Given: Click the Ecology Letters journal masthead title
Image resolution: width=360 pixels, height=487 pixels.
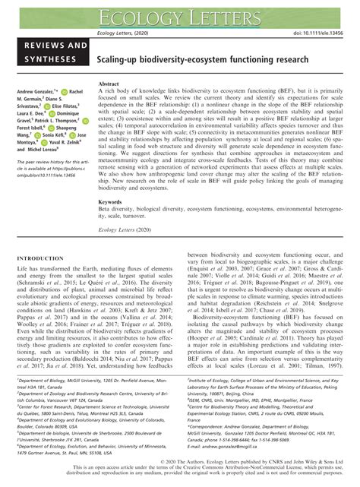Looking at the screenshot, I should pyautogui.click(x=180, y=12).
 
